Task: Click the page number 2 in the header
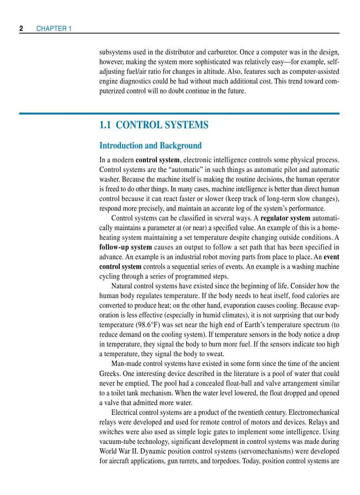[x=21, y=29]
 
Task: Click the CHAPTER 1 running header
[x=54, y=29]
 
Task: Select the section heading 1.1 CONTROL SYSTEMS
[x=154, y=125]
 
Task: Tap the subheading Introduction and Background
[x=150, y=145]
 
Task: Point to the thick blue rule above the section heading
[x=179, y=113]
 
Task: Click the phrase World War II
[x=118, y=451]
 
